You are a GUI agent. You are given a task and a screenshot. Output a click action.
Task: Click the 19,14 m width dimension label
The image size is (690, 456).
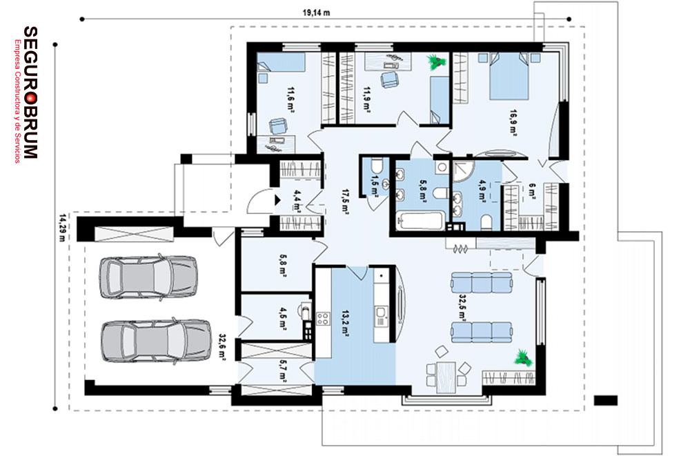316,13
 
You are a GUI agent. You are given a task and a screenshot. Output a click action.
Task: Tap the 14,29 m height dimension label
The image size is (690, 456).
63,228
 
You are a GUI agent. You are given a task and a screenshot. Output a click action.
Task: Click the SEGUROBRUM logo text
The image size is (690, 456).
30,92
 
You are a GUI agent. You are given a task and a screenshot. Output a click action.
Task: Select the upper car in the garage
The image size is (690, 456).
148,278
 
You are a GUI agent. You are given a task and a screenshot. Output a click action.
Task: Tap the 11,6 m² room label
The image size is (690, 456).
290,100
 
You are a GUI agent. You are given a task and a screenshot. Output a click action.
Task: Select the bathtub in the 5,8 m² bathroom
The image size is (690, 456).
421,221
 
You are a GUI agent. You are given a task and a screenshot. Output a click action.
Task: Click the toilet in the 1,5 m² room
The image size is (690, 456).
376,166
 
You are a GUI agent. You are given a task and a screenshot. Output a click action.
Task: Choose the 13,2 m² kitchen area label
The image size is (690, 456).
345,324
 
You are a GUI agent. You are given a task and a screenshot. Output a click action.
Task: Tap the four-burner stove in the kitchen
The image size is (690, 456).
323,319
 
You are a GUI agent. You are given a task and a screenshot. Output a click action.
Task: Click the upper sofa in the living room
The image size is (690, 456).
482,282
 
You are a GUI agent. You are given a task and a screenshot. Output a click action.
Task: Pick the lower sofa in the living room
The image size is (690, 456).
482,332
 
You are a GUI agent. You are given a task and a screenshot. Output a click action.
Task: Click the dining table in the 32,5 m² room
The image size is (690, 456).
446,377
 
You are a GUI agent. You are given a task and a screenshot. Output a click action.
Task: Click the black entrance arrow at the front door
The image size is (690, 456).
277,200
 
